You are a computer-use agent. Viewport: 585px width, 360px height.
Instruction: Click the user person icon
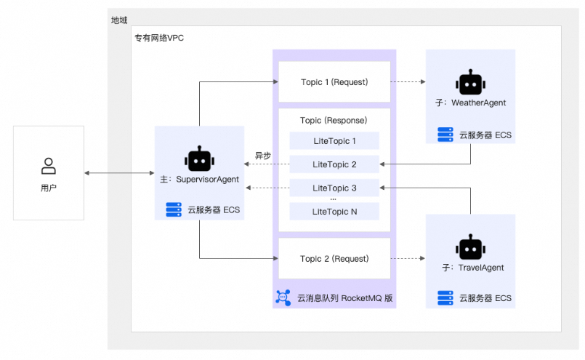point(49,166)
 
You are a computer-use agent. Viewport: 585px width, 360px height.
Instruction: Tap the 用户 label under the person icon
point(49,188)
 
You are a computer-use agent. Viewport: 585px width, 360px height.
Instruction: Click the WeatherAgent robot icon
point(470,83)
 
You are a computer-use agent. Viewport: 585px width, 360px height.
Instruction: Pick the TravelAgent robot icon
point(470,247)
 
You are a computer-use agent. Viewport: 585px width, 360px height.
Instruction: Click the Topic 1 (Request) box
point(334,82)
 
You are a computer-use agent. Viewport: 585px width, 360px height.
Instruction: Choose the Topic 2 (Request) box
point(334,258)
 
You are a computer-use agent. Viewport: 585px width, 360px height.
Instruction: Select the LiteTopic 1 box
point(334,141)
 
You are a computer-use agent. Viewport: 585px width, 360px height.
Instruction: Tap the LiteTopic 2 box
point(334,164)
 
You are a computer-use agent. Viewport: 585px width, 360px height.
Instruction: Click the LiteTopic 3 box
point(334,188)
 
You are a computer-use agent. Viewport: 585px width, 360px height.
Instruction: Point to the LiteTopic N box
point(334,211)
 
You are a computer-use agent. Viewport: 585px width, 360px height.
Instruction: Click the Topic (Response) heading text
point(334,119)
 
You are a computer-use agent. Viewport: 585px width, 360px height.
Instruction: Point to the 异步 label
point(262,156)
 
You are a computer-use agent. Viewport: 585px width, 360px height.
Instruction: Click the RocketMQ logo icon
point(283,297)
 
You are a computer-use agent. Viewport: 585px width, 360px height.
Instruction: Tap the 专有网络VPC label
point(159,38)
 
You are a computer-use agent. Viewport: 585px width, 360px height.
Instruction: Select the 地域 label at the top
point(119,20)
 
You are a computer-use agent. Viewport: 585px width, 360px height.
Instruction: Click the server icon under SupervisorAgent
point(174,210)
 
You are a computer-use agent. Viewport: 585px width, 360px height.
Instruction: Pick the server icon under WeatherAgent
point(445,135)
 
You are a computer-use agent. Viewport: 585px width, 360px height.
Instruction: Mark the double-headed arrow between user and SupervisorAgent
point(119,173)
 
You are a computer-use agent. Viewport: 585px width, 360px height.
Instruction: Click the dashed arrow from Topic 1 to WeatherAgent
point(408,82)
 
